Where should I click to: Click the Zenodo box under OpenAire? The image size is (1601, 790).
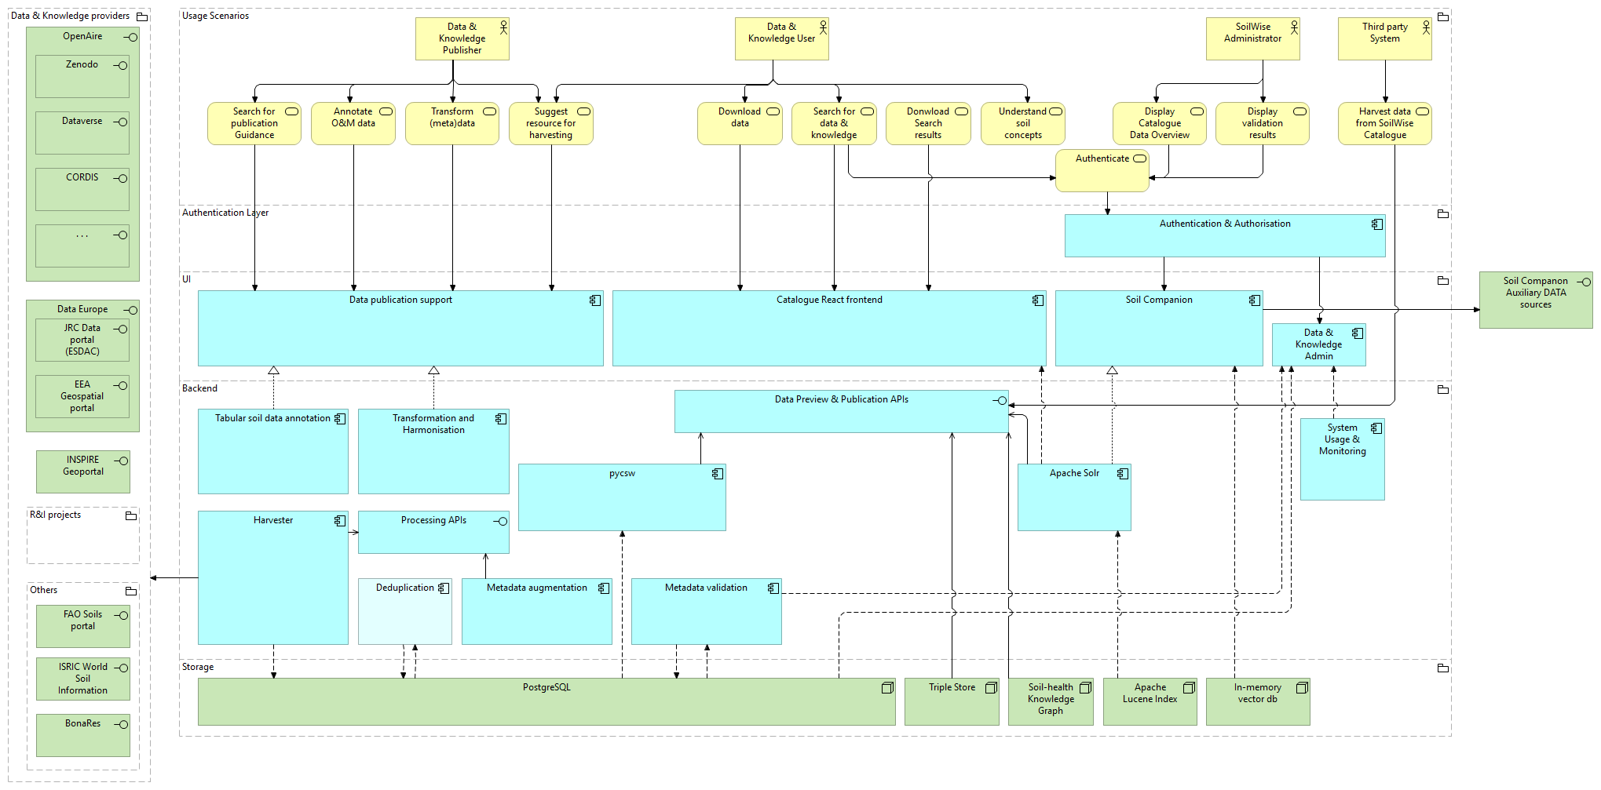point(82,76)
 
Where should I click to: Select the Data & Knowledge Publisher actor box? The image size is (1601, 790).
point(462,38)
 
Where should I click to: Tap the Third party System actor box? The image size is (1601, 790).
point(1384,38)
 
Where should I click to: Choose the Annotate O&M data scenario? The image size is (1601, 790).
point(353,124)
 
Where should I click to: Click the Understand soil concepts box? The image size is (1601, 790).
point(1022,124)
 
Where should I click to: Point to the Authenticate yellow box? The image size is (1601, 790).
point(1102,170)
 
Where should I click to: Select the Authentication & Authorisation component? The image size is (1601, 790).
point(1224,235)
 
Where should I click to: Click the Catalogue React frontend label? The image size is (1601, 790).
point(829,300)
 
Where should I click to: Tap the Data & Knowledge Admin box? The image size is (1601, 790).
point(1318,344)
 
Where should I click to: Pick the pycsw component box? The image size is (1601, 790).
point(622,497)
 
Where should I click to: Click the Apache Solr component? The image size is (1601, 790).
point(1073,497)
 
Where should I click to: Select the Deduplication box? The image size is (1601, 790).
point(404,611)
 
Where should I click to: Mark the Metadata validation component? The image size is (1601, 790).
point(706,611)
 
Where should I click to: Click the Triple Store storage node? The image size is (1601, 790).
point(952,701)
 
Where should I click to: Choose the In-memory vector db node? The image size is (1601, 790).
point(1257,701)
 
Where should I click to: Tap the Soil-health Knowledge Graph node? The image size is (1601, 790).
point(1050,701)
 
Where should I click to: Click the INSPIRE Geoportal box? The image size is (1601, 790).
point(82,471)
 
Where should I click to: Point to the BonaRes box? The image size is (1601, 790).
point(82,734)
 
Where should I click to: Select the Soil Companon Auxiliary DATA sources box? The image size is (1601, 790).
point(1535,299)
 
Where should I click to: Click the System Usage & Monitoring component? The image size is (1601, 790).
point(1342,459)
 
